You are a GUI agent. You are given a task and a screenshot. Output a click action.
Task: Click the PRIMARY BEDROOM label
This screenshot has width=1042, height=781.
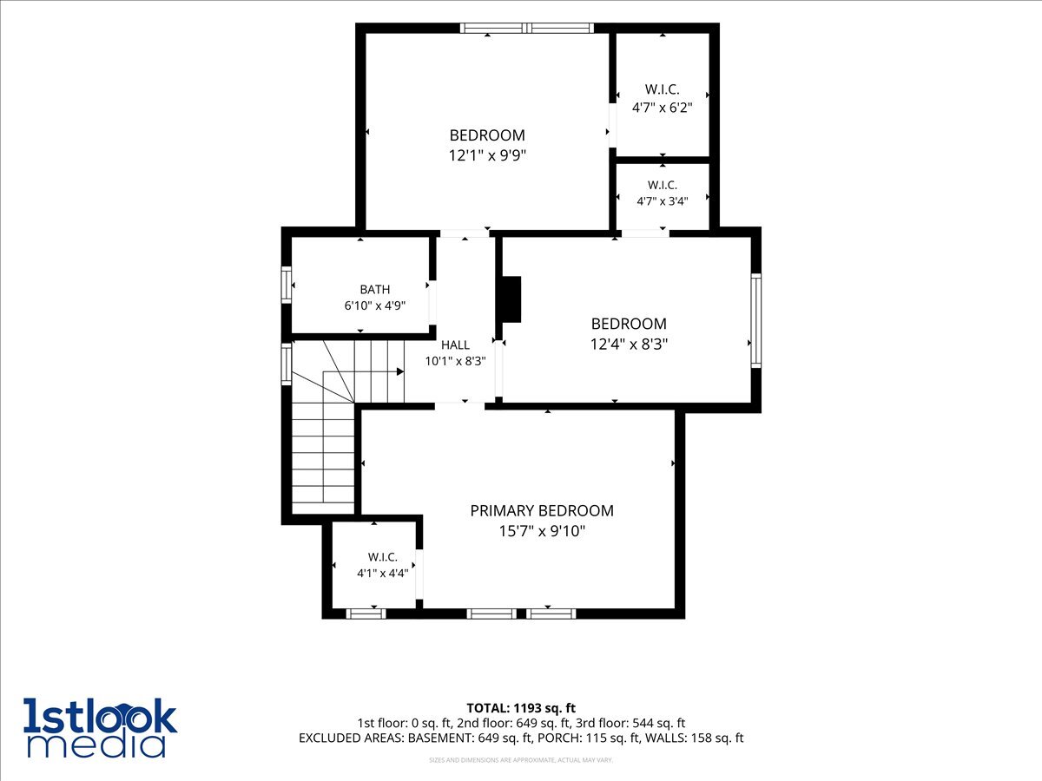click(x=542, y=511)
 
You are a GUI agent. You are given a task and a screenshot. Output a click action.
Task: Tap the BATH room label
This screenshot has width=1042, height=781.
click(x=374, y=289)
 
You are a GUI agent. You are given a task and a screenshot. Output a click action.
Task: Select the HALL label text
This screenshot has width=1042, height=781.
click(x=455, y=345)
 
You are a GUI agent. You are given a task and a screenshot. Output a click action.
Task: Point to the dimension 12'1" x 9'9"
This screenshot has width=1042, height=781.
click(x=487, y=155)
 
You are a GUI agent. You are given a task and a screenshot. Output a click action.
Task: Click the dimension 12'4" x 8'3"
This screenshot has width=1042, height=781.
click(x=629, y=344)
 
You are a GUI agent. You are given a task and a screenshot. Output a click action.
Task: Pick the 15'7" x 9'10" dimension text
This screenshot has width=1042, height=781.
click(x=542, y=531)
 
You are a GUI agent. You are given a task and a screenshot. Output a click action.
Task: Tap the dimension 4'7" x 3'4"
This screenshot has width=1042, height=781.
click(x=662, y=201)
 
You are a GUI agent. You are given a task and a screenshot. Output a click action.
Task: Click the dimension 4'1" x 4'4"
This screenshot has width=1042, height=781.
click(x=382, y=574)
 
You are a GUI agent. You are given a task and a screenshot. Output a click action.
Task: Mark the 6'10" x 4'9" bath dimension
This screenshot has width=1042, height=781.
click(x=374, y=305)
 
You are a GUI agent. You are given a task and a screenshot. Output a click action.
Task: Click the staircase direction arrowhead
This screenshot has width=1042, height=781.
click(x=400, y=371)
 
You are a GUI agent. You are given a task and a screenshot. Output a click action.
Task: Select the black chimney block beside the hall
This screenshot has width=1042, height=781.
click(x=509, y=299)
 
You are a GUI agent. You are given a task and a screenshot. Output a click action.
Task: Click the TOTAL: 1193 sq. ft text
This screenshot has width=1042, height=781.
click(x=521, y=708)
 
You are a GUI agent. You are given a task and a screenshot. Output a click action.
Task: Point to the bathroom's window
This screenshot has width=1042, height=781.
click(x=287, y=285)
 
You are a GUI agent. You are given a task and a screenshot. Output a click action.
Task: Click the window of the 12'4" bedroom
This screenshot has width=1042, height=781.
click(x=755, y=320)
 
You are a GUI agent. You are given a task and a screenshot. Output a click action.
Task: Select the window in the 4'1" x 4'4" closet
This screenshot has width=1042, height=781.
click(x=366, y=614)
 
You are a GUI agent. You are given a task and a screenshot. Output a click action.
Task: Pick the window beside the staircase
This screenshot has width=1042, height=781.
click(x=287, y=364)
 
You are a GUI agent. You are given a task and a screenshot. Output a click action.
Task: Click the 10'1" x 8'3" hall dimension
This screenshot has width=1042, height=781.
click(x=455, y=361)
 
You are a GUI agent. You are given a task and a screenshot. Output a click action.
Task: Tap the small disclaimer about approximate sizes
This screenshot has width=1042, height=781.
click(x=521, y=760)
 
